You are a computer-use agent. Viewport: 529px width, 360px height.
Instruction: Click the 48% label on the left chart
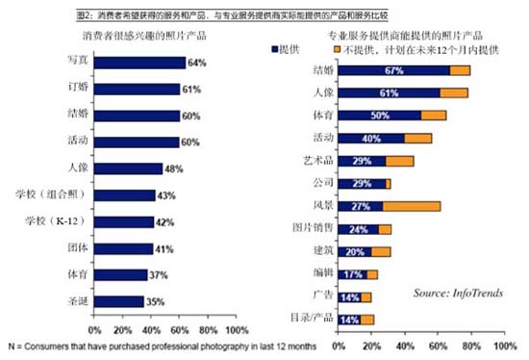pyautogui.click(x=177, y=169)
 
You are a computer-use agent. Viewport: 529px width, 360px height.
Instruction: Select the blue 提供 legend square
pyautogui.click(x=277, y=46)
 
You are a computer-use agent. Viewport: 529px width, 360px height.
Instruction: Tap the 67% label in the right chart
pyautogui.click(x=391, y=70)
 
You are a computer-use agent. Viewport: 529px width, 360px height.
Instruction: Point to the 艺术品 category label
pyautogui.click(x=317, y=161)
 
